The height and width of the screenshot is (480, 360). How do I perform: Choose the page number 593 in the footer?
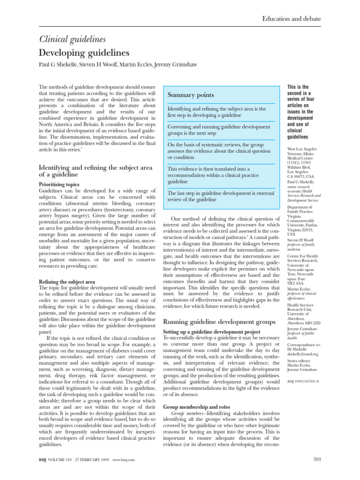click(317, 459)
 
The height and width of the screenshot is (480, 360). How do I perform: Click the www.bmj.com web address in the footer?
click(124, 460)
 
